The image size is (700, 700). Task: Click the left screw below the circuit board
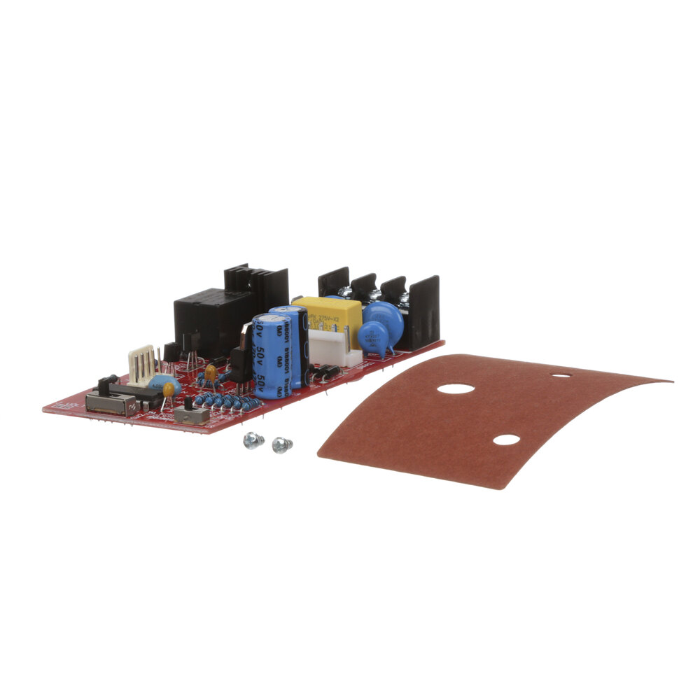pyautogui.click(x=252, y=440)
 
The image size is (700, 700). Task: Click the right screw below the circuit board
pyautogui.click(x=281, y=444)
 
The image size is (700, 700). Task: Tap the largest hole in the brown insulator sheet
pyautogui.click(x=456, y=388)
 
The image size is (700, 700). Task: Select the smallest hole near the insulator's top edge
pyautogui.click(x=561, y=375)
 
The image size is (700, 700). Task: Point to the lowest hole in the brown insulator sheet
pyautogui.click(x=506, y=440)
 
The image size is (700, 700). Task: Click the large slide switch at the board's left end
pyautogui.click(x=110, y=403)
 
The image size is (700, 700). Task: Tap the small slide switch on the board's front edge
pyautogui.click(x=192, y=414)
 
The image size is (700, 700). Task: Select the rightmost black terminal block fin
pyautogui.click(x=424, y=311)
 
